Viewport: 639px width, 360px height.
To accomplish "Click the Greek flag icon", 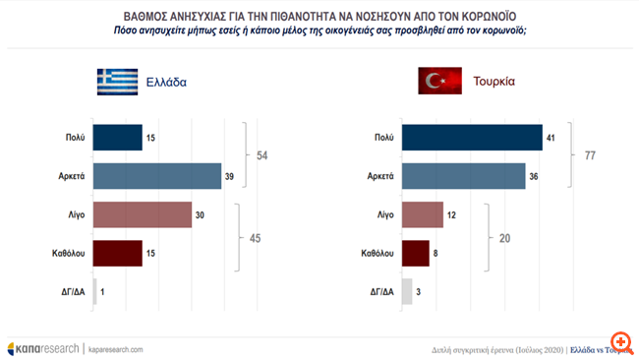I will (x=117, y=83).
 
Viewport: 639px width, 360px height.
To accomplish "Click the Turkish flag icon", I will (x=439, y=83).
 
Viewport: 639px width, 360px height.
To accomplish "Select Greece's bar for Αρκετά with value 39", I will (x=157, y=175).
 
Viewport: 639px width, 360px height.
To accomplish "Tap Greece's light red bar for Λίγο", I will (x=142, y=215).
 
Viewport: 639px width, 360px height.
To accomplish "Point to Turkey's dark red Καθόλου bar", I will (x=417, y=252).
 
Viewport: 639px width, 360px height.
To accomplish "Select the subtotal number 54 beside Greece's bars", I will (x=263, y=156).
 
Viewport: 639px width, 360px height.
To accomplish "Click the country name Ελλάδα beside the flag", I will (x=167, y=83).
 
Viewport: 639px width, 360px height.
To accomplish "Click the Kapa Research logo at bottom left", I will (x=43, y=348).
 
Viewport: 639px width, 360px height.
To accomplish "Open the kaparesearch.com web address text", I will (x=116, y=349).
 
